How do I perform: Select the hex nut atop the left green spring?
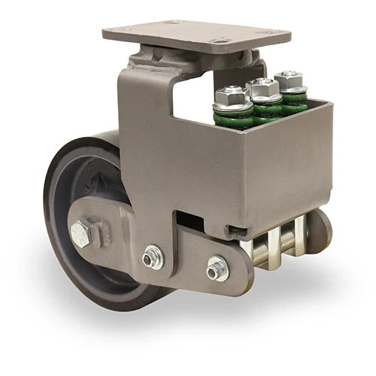pos(232,96)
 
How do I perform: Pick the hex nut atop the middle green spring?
pos(262,88)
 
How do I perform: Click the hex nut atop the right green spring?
pos(288,78)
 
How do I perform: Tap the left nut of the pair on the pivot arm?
pos(153,258)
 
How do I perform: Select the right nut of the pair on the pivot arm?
pos(218,267)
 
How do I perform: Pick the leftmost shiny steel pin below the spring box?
pos(259,252)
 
